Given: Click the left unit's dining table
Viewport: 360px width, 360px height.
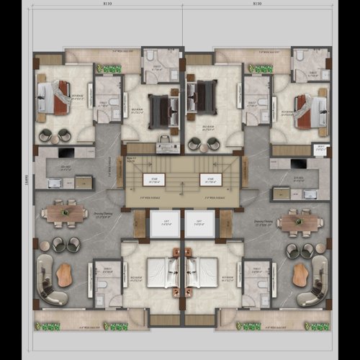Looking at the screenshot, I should (x=65, y=213).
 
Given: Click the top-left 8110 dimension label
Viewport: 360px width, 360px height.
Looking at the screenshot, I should (x=108, y=4).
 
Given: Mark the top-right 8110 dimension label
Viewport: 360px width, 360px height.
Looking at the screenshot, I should (x=256, y=4).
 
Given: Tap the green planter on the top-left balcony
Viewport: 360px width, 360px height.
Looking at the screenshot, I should (x=109, y=69).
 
